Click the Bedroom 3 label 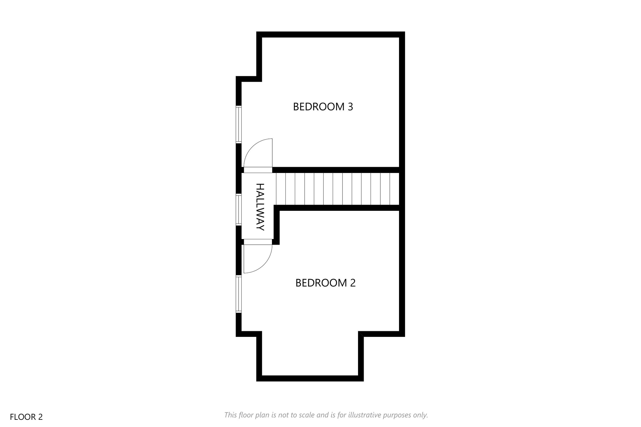(x=323, y=107)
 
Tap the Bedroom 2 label (x=326, y=283)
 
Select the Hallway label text (x=260, y=207)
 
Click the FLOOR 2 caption (x=26, y=417)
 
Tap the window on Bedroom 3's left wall (x=239, y=125)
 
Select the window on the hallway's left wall (x=239, y=210)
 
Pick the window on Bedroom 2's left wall (x=239, y=294)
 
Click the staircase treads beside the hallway (x=337, y=189)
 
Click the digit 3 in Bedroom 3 (x=350, y=107)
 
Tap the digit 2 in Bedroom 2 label (x=353, y=283)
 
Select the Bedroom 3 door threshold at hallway (x=258, y=170)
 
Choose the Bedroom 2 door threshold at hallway (x=258, y=242)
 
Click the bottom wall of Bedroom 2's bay (x=310, y=379)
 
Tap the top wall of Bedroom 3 (x=331, y=34)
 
